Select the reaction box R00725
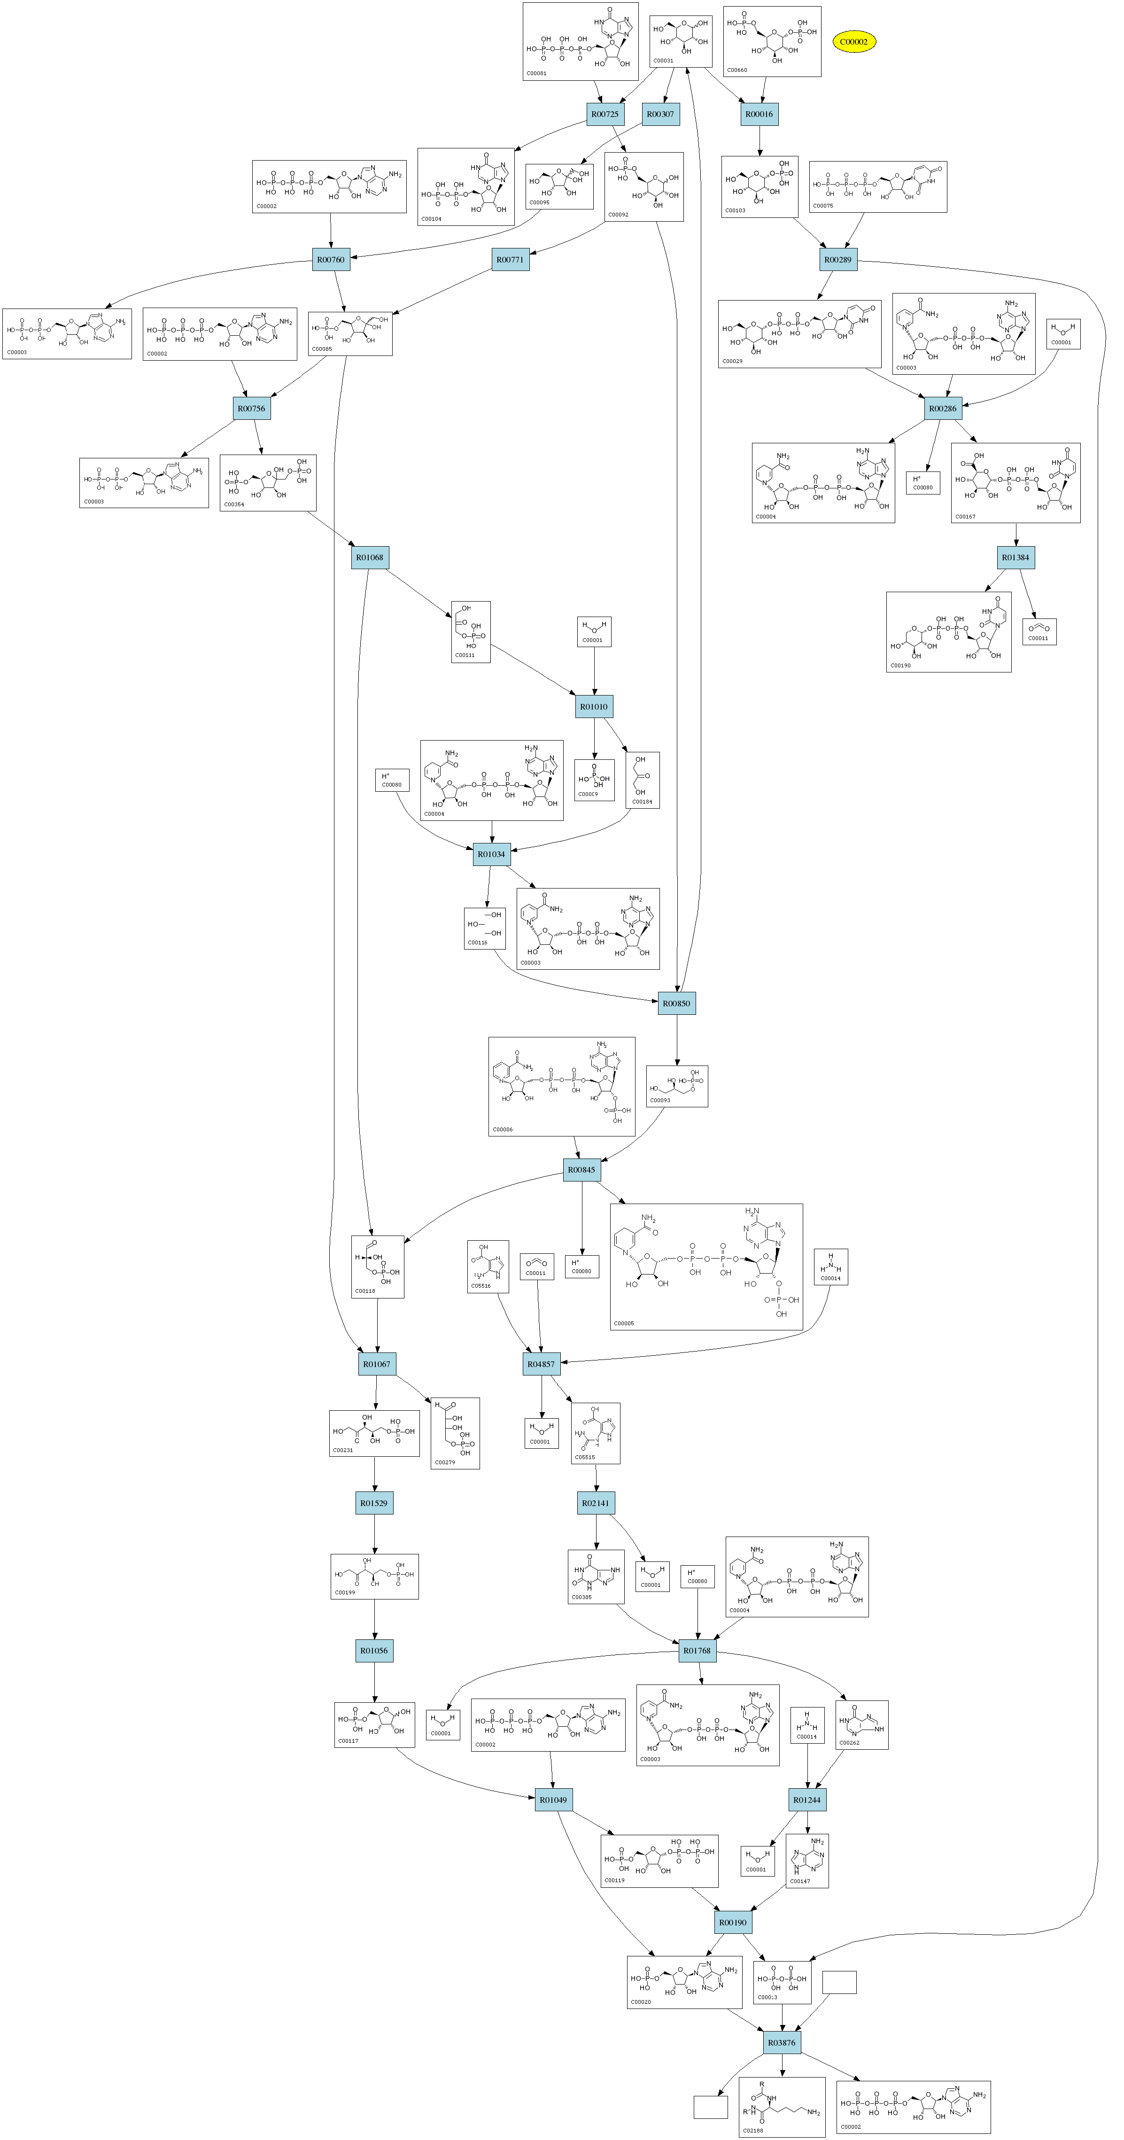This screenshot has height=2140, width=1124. pyautogui.click(x=604, y=115)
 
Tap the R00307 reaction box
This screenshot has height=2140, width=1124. pyautogui.click(x=660, y=115)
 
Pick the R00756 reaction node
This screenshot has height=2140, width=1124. pyautogui.click(x=252, y=409)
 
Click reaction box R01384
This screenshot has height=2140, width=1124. pyautogui.click(x=1015, y=557)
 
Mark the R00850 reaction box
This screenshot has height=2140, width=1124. pyautogui.click(x=676, y=1004)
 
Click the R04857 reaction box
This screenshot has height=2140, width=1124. pyautogui.click(x=541, y=1364)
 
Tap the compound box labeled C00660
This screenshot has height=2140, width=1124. pyautogui.click(x=772, y=41)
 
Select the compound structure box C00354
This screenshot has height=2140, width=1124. pyautogui.click(x=268, y=483)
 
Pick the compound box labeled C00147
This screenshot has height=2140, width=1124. pyautogui.click(x=806, y=1861)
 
